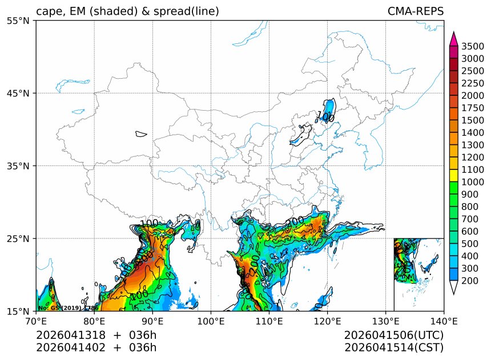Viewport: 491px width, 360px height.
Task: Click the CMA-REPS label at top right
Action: tap(415, 11)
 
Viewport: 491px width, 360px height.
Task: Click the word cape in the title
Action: tap(48, 12)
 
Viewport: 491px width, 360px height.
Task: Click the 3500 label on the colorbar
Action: tap(473, 46)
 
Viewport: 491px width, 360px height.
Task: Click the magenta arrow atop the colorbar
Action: tap(454, 39)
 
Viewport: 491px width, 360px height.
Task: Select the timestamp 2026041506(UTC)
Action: tap(394, 335)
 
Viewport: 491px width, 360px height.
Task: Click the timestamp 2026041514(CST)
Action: tap(394, 347)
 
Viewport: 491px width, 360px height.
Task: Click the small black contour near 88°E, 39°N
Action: tap(141, 134)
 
